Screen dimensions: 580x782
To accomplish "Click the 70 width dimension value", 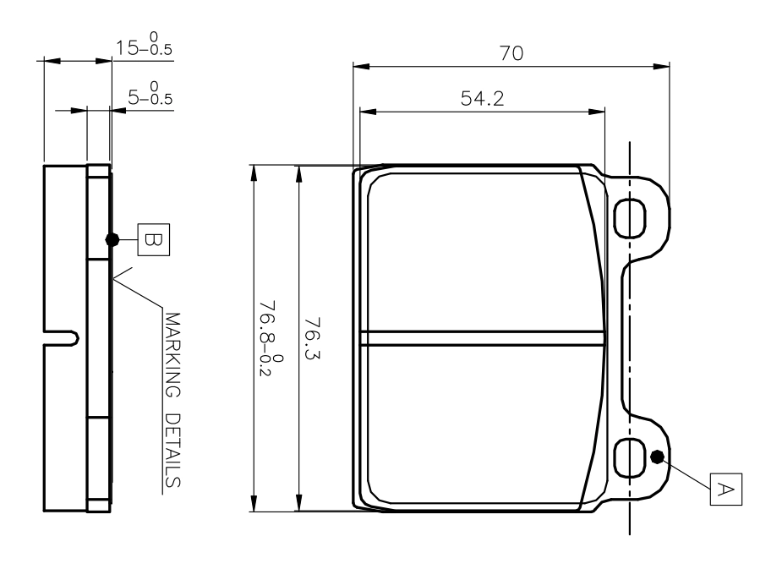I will click(x=511, y=52).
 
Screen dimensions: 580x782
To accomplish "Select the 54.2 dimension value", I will click(x=482, y=99).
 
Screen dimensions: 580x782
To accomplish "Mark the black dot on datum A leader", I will click(x=657, y=457).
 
